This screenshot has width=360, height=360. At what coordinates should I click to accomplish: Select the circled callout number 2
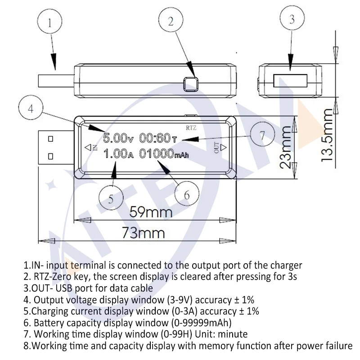click(x=171, y=21)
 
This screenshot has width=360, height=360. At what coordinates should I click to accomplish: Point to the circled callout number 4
click(x=31, y=108)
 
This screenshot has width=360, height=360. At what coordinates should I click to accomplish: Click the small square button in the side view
click(x=192, y=83)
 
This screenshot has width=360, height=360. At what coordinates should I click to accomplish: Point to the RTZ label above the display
click(x=192, y=121)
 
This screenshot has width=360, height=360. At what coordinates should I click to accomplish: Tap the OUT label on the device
click(x=216, y=147)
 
